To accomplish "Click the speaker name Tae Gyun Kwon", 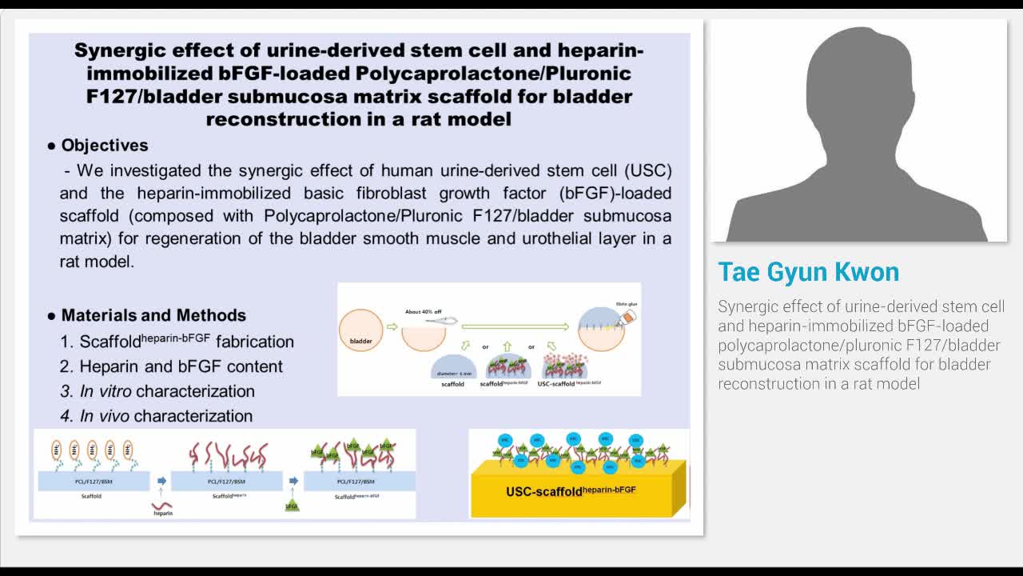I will [808, 272].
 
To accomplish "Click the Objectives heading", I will [104, 146].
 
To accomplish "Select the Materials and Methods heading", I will [153, 315].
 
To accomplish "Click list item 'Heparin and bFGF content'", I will [181, 366].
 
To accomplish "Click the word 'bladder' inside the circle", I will [361, 341].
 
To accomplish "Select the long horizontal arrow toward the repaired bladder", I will [515, 326].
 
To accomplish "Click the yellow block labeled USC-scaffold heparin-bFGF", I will [571, 490].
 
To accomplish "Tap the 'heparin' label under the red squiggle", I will [162, 513].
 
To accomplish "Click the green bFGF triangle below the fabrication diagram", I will [292, 505].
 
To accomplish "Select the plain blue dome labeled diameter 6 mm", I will [453, 366].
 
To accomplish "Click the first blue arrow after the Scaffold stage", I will [161, 481].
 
